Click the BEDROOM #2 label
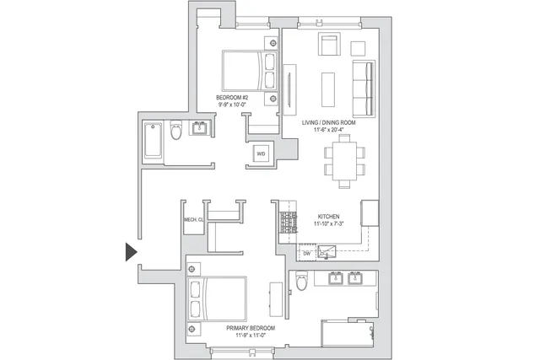click(x=232, y=98)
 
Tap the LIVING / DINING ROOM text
click(x=329, y=123)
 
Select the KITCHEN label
click(x=329, y=216)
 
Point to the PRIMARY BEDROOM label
click(x=245, y=327)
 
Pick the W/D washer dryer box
click(x=261, y=154)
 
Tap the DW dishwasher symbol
click(x=307, y=252)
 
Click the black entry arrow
click(x=131, y=252)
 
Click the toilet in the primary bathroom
click(x=300, y=283)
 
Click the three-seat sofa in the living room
click(x=364, y=89)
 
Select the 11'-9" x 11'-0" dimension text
click(x=245, y=335)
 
